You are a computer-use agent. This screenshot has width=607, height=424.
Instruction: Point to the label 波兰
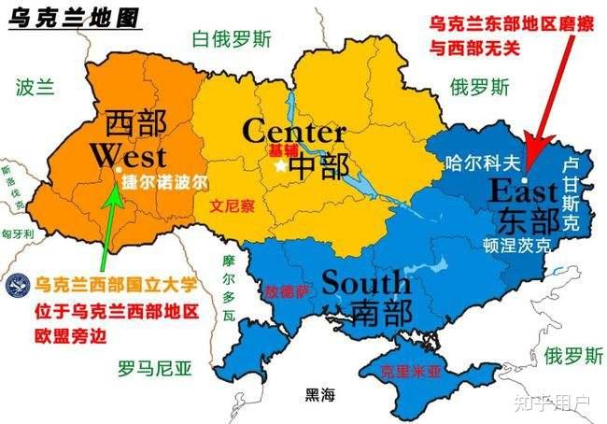pos(35,88)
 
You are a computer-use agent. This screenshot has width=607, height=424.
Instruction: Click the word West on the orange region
pos(129,154)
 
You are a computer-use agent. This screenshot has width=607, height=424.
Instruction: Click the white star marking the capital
pos(280,166)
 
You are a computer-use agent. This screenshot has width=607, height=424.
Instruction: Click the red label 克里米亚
pos(411,371)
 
